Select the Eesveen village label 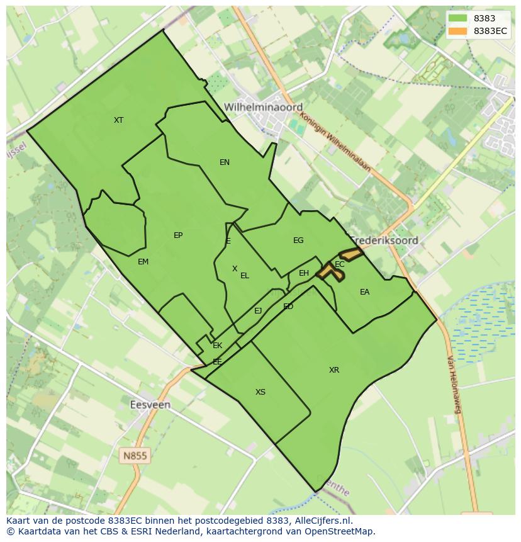(150, 405)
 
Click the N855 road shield (135, 455)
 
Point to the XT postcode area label (118, 120)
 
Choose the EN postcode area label (225, 162)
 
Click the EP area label (178, 235)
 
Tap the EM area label (143, 262)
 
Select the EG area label (298, 240)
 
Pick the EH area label (304, 273)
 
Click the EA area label (364, 292)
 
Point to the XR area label (334, 370)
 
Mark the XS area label (260, 392)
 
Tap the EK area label (218, 346)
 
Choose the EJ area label (258, 311)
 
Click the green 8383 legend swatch (458, 18)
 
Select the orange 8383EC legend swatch (458, 31)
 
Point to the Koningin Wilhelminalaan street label (335, 142)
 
